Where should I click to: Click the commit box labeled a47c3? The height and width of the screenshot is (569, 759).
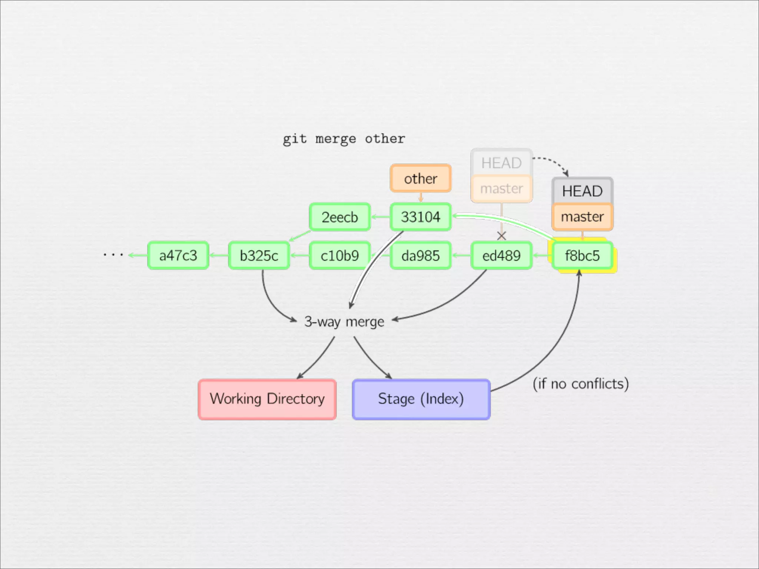[x=178, y=256]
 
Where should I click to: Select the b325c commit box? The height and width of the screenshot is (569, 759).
[x=259, y=256]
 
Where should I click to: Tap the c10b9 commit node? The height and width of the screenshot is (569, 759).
[x=339, y=256]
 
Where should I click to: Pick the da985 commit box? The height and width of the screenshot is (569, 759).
[x=421, y=256]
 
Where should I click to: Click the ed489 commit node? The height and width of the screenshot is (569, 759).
[x=501, y=256]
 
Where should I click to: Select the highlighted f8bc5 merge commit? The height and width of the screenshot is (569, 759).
[x=582, y=256]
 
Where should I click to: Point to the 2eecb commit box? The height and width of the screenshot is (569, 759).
[x=339, y=217]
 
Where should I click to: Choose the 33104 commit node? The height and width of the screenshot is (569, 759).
[x=421, y=217]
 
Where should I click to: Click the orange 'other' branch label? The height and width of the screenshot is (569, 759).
[x=421, y=179]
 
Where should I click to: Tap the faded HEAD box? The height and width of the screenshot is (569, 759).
[x=501, y=163]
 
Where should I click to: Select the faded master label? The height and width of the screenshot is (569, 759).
[x=501, y=189]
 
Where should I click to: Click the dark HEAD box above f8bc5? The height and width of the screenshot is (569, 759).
[x=582, y=191]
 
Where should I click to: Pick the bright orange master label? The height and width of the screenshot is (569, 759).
[x=582, y=217]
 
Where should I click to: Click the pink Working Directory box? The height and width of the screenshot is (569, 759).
[x=267, y=399]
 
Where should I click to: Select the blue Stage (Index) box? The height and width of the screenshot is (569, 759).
[x=421, y=399]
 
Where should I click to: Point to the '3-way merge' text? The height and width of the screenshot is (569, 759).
[x=344, y=322]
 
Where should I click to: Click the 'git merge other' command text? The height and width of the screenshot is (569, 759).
[x=344, y=139]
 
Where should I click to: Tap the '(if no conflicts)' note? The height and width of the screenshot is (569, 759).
[x=580, y=384]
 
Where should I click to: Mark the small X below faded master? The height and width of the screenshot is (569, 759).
[x=501, y=236]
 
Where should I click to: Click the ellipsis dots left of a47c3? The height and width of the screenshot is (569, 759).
[x=113, y=255]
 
